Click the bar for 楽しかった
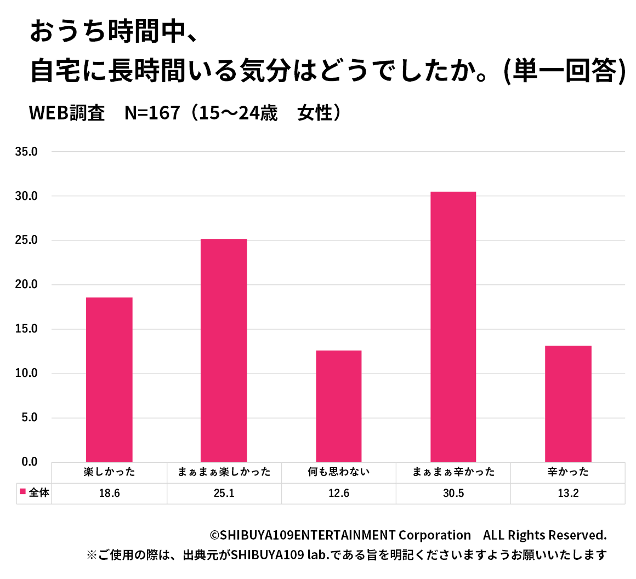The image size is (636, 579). tap(109, 379)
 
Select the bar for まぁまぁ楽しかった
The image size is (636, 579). tap(224, 350)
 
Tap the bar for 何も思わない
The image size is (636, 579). tap(339, 406)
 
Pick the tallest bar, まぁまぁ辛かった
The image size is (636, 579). tap(453, 326)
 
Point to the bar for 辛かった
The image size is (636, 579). tap(568, 404)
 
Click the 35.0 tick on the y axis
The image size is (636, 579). tap(26, 152)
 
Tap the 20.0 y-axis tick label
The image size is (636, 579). tap(26, 285)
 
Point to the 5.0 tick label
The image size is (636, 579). tap(29, 418)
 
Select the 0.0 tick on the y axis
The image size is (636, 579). tap(29, 462)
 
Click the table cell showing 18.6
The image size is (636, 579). tap(109, 494)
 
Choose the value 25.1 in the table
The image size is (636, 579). tap(224, 494)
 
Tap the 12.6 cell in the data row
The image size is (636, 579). tap(339, 494)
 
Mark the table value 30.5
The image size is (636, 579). tap(453, 494)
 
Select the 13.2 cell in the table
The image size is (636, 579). tap(568, 494)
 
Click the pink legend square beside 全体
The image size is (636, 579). tap(23, 492)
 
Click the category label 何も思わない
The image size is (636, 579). tap(339, 472)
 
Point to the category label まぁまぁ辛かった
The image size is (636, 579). tap(453, 472)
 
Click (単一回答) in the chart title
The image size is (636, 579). tap(565, 71)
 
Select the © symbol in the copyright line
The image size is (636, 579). tap(215, 536)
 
